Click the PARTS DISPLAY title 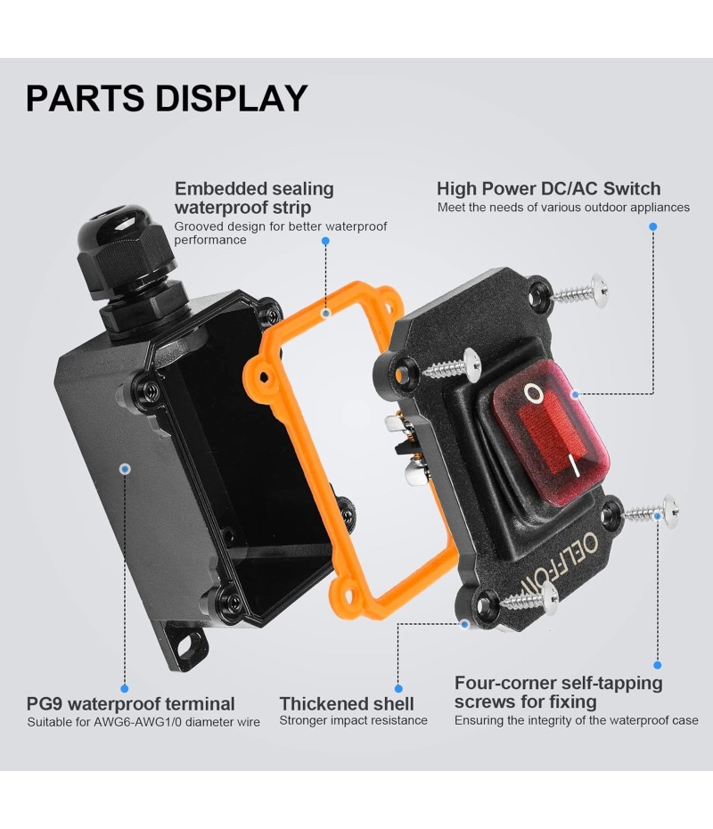[167, 98]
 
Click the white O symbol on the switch [533, 393]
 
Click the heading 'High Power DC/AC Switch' [548, 188]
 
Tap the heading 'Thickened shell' [347, 704]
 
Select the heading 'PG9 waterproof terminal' [131, 704]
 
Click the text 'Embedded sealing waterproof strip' [254, 197]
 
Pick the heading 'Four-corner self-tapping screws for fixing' [558, 693]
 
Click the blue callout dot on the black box [125, 468]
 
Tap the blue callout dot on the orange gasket [326, 313]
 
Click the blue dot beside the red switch [576, 393]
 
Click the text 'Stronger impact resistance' [353, 720]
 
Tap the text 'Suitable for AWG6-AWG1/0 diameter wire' [143, 722]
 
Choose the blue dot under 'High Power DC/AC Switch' [653, 227]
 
